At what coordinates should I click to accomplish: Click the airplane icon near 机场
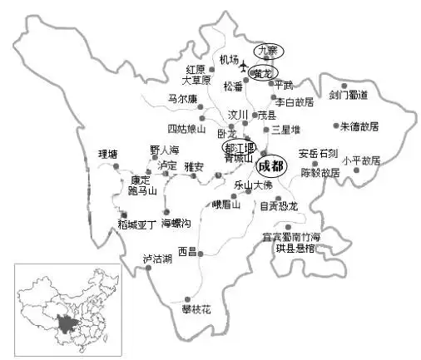[x=245, y=67]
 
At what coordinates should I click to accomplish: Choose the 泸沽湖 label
[x=156, y=259]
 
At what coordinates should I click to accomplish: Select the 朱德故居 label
[x=359, y=126]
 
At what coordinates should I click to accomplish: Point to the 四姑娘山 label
[x=185, y=129]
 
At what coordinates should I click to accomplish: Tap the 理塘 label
[x=108, y=154]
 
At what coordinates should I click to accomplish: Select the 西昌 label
[x=188, y=251]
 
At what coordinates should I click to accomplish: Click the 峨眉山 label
[x=225, y=204]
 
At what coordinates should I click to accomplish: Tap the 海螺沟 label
[x=176, y=224]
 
